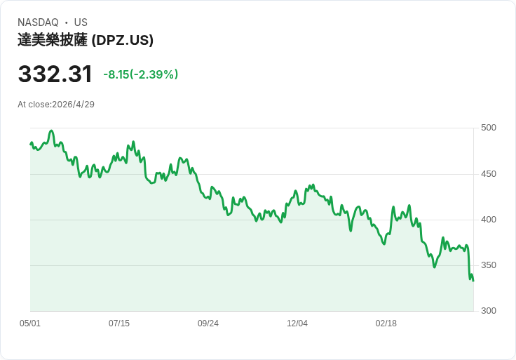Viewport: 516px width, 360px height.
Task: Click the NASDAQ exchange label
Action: (x=38, y=22)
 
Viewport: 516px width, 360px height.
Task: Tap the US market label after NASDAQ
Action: (x=81, y=22)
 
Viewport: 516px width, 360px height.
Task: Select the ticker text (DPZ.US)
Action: (x=123, y=40)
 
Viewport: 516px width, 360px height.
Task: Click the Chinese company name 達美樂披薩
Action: (x=53, y=40)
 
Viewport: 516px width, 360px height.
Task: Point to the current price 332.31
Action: (x=55, y=74)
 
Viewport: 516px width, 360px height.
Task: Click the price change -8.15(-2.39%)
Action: (x=140, y=74)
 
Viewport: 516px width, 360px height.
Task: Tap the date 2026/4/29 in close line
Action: (x=74, y=105)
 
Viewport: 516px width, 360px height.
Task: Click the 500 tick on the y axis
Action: (x=489, y=128)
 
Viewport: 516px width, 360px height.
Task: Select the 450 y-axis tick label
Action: (x=489, y=174)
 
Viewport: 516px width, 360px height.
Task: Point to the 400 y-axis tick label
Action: (x=489, y=220)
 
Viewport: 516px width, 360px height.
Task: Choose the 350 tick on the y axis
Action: (x=489, y=265)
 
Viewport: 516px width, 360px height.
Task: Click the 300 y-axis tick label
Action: (x=489, y=311)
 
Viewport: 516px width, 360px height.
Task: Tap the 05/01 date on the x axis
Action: (x=30, y=324)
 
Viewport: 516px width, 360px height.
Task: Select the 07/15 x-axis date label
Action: (x=119, y=324)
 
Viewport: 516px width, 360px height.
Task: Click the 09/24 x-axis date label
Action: (x=208, y=324)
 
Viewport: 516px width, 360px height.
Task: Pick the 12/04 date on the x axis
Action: (x=297, y=324)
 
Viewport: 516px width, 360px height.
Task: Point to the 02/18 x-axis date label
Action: (x=386, y=324)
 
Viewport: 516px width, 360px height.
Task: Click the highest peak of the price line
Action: (x=51, y=131)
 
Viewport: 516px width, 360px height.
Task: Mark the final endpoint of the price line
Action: (x=473, y=281)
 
